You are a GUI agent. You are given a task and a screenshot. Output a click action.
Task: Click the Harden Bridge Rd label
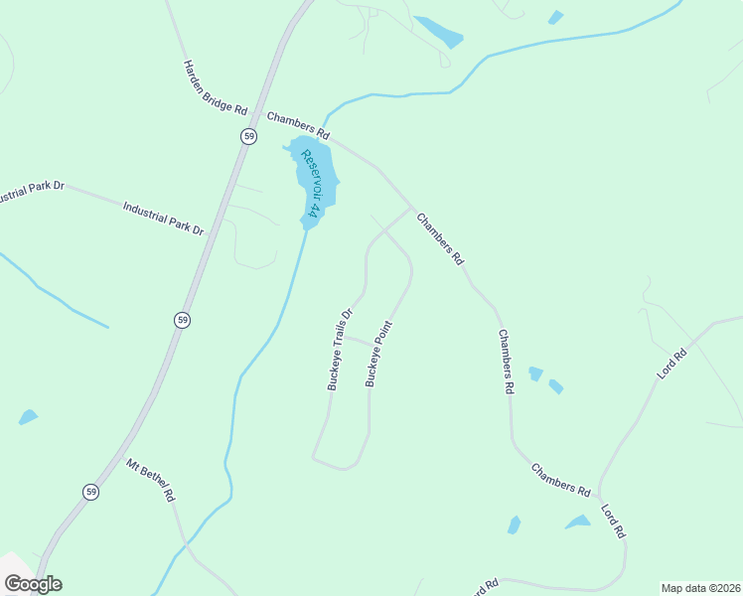[215, 87]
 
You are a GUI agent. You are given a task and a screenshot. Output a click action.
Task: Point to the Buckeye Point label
[379, 352]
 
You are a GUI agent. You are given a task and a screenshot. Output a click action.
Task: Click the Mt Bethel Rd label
[151, 479]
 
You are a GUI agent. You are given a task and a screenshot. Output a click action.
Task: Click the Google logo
[33, 584]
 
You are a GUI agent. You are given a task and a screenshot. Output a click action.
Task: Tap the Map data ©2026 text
[700, 587]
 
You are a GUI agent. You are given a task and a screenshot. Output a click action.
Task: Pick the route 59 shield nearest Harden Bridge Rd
[248, 136]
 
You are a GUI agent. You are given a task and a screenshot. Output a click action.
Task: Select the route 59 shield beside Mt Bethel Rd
[90, 493]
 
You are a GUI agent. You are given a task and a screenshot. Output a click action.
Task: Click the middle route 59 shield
[181, 320]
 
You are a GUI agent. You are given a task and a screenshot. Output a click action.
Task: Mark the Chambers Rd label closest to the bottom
[560, 480]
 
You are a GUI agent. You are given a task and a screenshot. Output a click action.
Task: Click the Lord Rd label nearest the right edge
[672, 364]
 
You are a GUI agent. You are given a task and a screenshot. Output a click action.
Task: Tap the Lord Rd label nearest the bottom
[613, 521]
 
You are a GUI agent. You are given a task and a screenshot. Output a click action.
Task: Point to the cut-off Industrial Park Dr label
[30, 191]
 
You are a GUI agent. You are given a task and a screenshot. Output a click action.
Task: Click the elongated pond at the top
[438, 32]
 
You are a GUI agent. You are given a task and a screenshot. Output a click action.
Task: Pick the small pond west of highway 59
[28, 417]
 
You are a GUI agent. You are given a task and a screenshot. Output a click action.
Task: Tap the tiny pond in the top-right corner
[555, 17]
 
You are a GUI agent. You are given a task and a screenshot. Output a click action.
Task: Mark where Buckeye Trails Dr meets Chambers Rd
[410, 210]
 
